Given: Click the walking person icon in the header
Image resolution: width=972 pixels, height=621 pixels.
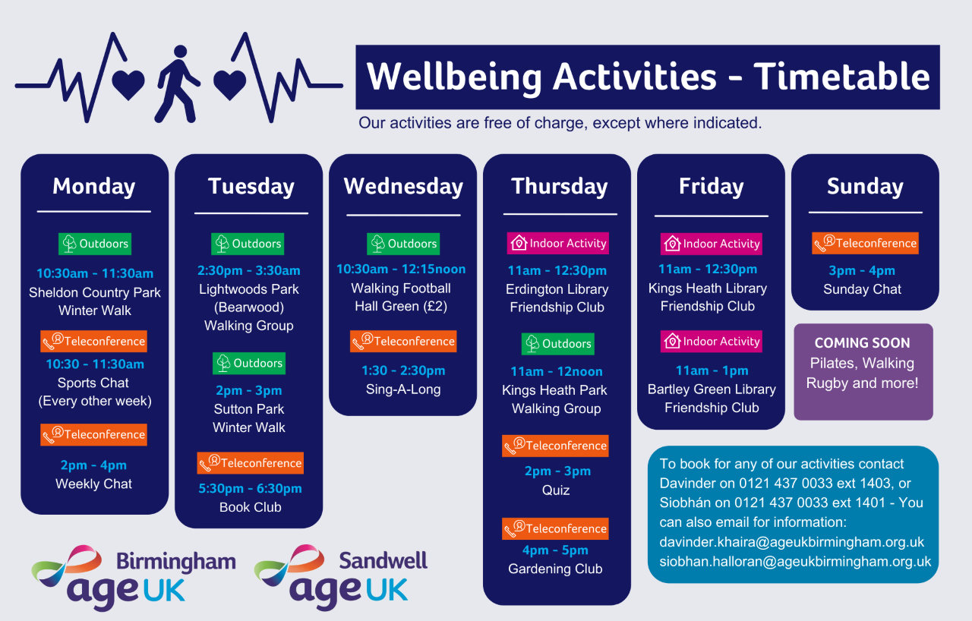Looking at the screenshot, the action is tap(177, 84).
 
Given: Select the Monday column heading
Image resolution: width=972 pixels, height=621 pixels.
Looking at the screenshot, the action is tap(93, 187).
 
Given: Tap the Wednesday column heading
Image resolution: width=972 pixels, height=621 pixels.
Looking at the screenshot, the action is tap(403, 187).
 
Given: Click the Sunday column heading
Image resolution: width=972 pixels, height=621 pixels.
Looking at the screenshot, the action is tap(865, 187).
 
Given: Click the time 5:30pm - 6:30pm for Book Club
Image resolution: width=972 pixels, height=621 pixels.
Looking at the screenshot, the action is tap(250, 488).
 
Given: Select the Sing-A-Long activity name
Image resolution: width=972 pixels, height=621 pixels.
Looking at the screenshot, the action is tap(403, 389).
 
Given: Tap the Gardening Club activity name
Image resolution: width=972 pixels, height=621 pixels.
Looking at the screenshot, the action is tap(555, 569).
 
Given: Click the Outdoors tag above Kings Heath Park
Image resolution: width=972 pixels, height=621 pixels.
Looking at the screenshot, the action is tap(557, 344).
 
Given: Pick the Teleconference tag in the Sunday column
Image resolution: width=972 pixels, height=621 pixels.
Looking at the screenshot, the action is tap(865, 243).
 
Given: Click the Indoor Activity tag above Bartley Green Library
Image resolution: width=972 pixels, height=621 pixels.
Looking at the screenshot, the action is tap(712, 342).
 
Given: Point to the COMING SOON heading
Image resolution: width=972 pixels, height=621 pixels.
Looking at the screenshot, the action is tap(862, 343).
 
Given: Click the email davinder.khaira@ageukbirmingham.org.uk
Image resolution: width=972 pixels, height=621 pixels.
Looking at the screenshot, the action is tap(791, 542).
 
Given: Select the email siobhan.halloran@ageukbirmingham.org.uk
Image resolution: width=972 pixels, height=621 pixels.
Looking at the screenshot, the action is tap(795, 562).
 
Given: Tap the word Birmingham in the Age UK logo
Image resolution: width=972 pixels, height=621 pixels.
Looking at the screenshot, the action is tap(176, 562).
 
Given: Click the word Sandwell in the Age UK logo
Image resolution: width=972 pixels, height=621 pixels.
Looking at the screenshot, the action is tap(383, 560).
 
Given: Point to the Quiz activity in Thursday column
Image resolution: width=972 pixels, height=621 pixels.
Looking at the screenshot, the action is tap(555, 490).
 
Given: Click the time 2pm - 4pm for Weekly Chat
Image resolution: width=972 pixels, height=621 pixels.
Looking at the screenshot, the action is tap(93, 465).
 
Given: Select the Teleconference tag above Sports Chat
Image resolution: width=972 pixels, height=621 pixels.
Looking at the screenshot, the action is tap(93, 342).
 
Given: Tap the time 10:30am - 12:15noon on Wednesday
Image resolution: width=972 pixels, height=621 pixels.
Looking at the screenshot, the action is tap(401, 269).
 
